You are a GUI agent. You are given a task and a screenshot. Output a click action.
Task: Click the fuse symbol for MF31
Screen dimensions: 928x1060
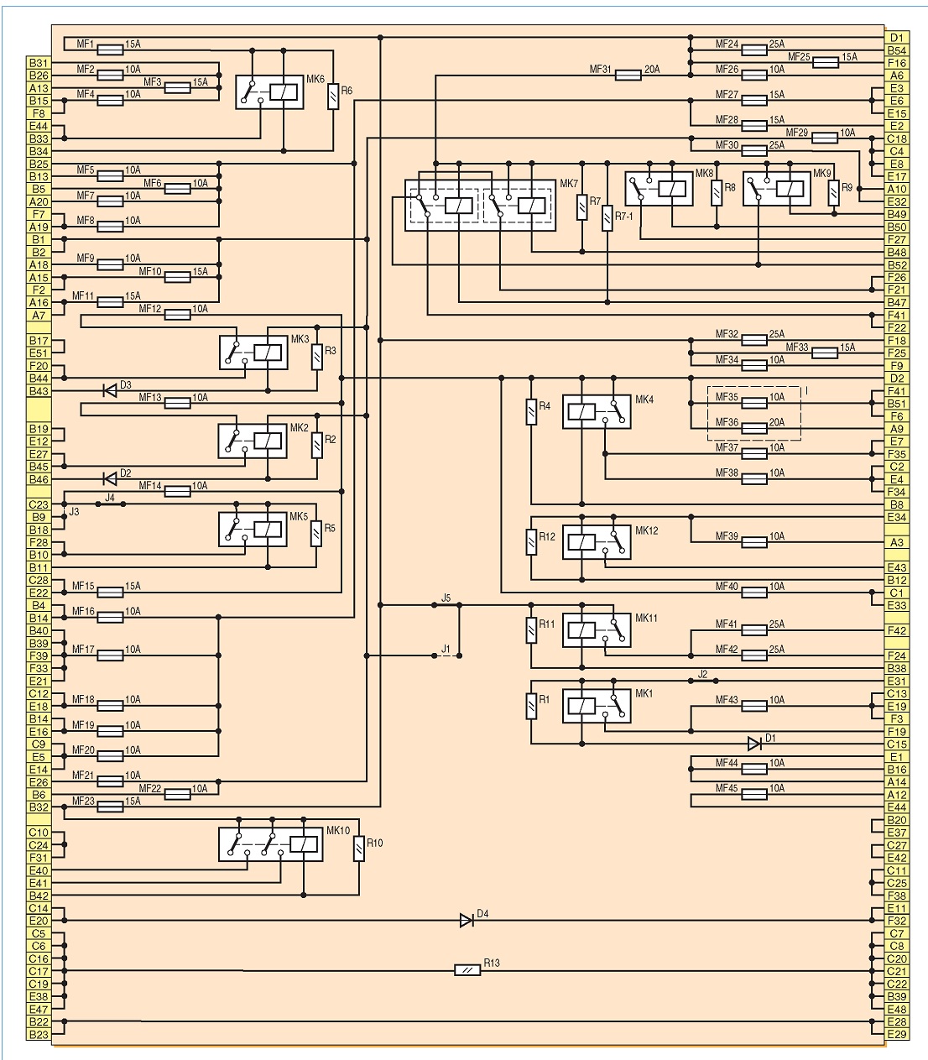[x=628, y=76]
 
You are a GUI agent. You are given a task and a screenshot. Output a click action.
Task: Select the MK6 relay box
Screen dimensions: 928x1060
[x=269, y=92]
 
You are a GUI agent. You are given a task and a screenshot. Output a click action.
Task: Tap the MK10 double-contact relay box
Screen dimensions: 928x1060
[x=270, y=844]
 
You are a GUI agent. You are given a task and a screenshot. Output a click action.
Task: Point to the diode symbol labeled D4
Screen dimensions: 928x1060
[x=466, y=921]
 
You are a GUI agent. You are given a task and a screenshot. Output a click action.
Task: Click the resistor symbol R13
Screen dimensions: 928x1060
[x=467, y=970]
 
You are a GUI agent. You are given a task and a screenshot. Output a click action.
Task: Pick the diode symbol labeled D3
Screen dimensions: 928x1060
[x=110, y=390]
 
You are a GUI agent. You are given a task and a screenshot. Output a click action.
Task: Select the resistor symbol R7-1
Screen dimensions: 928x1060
[x=607, y=218]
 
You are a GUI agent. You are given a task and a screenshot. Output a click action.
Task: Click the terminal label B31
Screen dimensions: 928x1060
[x=39, y=63]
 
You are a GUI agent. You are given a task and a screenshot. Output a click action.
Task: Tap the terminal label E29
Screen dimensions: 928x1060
[x=897, y=1034]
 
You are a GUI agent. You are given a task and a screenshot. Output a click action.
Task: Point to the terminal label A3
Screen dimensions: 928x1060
[x=897, y=542]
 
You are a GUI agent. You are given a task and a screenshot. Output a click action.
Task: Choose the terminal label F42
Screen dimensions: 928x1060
[x=897, y=630]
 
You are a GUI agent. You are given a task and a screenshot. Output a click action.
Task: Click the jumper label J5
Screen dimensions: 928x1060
[x=446, y=598]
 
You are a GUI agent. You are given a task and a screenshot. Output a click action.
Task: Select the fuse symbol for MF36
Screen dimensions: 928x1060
[x=754, y=429]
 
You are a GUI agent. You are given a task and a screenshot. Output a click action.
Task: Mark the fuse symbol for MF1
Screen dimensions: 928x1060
[x=110, y=50]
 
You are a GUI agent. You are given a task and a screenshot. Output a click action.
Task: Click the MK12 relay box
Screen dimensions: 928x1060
[x=597, y=542]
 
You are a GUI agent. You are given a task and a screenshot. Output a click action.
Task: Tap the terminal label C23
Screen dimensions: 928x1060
[x=39, y=504]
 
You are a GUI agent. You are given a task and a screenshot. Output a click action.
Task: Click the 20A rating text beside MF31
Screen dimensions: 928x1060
[x=652, y=69]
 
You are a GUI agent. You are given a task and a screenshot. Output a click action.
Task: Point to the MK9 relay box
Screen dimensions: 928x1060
[x=776, y=189]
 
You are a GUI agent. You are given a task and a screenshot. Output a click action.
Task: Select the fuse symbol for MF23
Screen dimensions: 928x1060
[x=110, y=807]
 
